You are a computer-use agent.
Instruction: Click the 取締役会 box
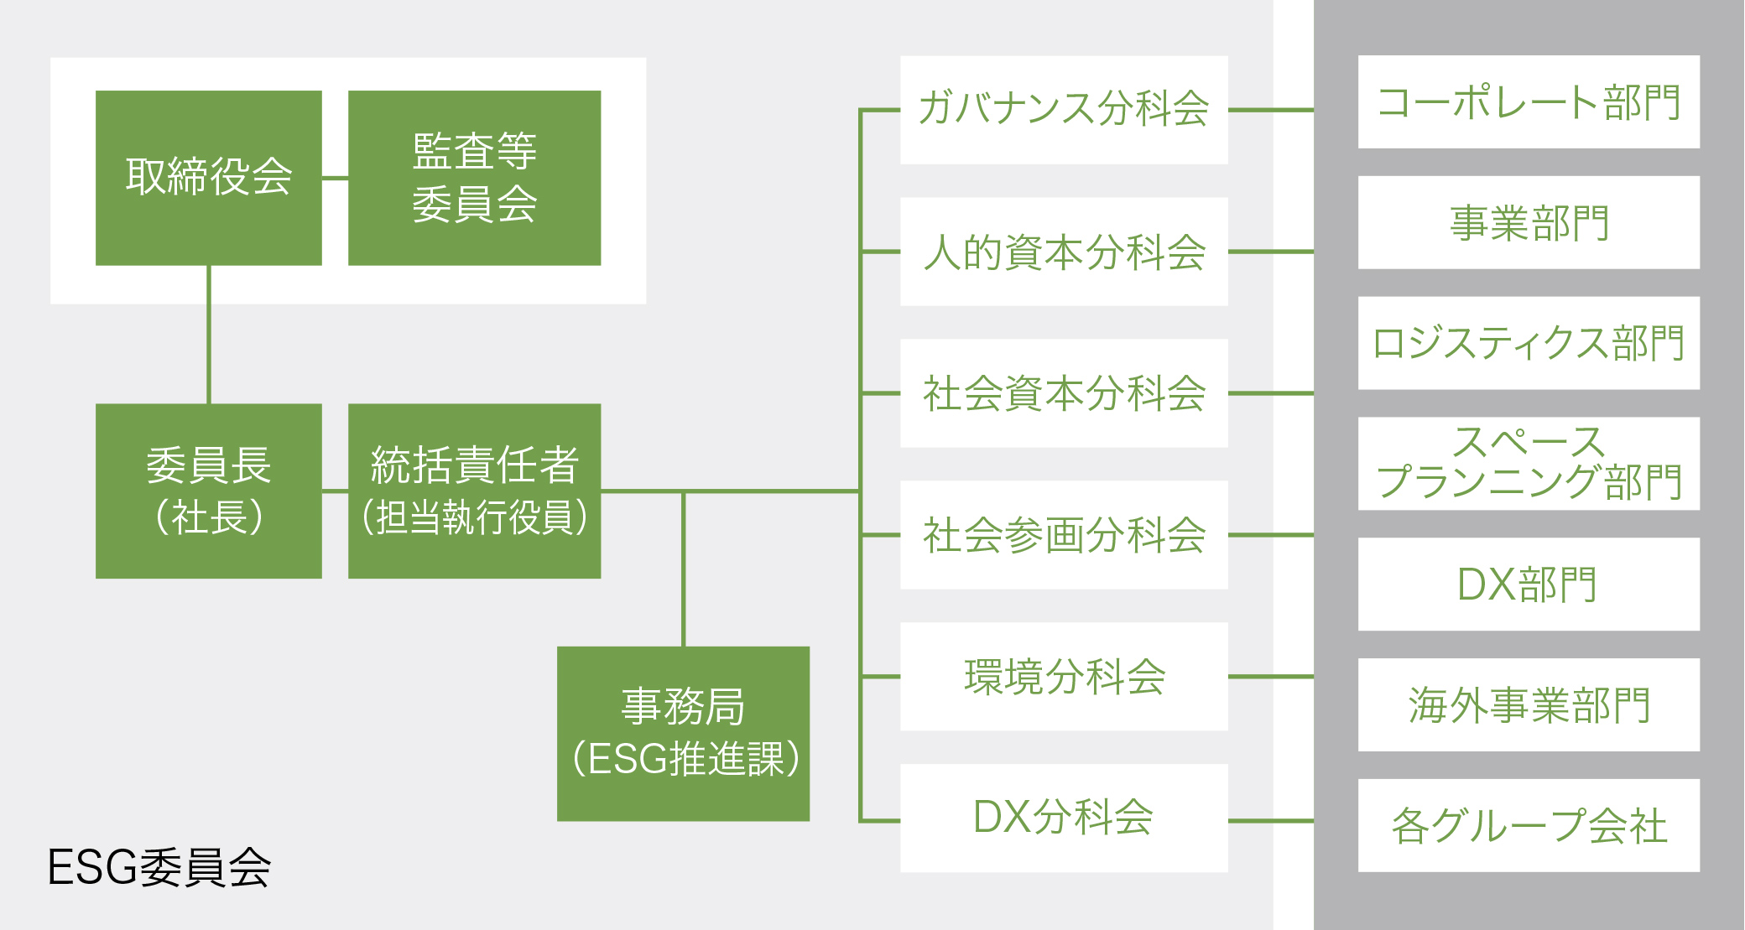tap(208, 178)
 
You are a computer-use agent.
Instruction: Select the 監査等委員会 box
tap(474, 178)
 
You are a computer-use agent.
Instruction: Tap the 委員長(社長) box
tap(208, 491)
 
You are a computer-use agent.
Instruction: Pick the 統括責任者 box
tap(474, 491)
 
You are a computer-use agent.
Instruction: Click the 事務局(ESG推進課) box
tap(683, 733)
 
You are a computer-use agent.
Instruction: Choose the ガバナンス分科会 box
tap(1063, 110)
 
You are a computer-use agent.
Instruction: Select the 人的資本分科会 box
tap(1063, 252)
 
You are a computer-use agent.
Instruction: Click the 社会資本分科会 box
tap(1063, 393)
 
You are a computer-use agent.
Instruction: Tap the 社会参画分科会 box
tap(1063, 535)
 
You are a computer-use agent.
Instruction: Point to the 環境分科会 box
tap(1063, 677)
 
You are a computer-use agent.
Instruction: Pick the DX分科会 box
tap(1063, 818)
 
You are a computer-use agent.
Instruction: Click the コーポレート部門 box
tap(1528, 102)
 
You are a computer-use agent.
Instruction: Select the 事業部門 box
tap(1528, 223)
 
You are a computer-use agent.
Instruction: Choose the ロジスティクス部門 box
tap(1528, 343)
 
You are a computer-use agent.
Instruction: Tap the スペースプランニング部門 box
tap(1528, 464)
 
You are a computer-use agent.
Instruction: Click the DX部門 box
tap(1528, 584)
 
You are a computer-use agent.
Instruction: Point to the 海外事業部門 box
tap(1528, 704)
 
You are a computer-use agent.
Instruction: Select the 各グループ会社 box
tap(1528, 825)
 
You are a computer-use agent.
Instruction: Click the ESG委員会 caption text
tap(159, 868)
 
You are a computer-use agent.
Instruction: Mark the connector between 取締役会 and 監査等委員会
tap(335, 178)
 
